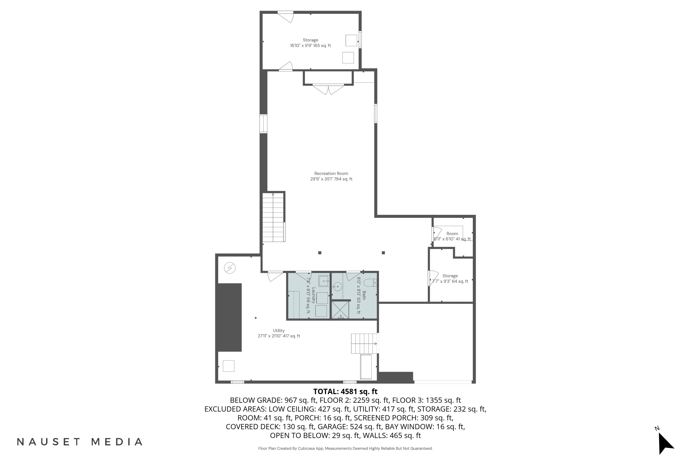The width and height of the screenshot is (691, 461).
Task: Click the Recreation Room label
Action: pyautogui.click(x=331, y=176)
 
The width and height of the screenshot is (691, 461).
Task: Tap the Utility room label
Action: pyautogui.click(x=278, y=333)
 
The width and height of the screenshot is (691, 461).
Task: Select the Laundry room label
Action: pyautogui.click(x=311, y=295)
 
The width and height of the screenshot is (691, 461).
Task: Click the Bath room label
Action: pyautogui.click(x=361, y=295)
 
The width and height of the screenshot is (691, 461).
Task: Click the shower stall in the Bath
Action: pyautogui.click(x=340, y=310)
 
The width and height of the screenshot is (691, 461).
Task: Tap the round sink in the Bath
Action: pyautogui.click(x=338, y=286)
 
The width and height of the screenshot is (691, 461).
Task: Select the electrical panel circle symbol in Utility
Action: pyautogui.click(x=230, y=268)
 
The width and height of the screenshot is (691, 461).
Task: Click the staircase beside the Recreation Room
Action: pyautogui.click(x=273, y=217)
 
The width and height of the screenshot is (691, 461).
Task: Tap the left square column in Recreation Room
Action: pyautogui.click(x=320, y=253)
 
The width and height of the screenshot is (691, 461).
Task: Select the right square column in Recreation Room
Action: pyautogui.click(x=383, y=253)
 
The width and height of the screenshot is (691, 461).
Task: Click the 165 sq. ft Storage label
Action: pyautogui.click(x=310, y=43)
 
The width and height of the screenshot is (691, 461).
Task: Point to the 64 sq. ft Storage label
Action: pyautogui.click(x=450, y=278)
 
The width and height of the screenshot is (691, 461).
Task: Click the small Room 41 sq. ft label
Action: pyautogui.click(x=452, y=236)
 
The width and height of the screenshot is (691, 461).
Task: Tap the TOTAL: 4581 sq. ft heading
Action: pyautogui.click(x=345, y=391)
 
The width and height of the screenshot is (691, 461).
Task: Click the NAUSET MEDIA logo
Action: pyautogui.click(x=80, y=442)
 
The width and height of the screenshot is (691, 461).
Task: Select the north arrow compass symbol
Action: pyautogui.click(x=665, y=443)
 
